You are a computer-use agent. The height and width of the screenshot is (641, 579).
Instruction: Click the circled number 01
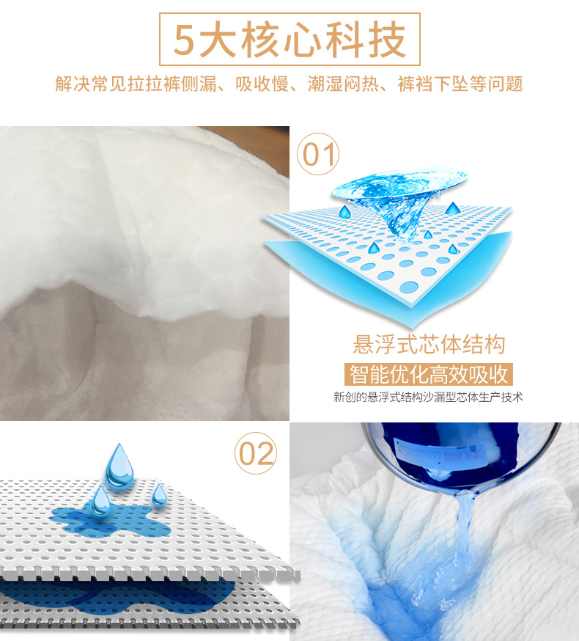[318, 154]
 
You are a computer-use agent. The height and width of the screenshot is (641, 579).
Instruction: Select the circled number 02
[256, 453]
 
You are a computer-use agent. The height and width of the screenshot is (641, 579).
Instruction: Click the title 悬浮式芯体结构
[429, 344]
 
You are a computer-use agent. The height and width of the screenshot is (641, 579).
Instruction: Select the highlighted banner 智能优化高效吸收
[429, 374]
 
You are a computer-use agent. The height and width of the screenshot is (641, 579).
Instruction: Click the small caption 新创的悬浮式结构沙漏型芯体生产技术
[428, 397]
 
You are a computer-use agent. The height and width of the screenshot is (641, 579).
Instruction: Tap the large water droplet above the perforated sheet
[119, 465]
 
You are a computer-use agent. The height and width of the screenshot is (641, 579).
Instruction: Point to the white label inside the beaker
[439, 454]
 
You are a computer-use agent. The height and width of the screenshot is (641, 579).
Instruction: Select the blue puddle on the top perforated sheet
[111, 521]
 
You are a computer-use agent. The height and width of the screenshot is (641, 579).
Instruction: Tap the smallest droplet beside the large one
[159, 495]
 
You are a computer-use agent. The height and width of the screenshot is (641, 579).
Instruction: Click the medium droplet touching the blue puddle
[100, 500]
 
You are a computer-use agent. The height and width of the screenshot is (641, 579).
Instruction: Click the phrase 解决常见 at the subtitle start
[91, 84]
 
